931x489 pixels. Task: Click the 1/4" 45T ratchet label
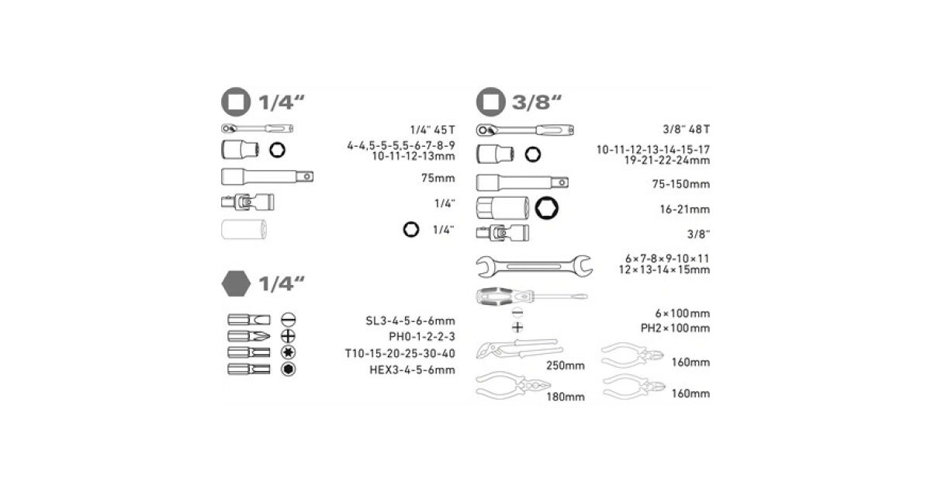point(432,130)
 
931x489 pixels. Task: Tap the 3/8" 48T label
point(686,130)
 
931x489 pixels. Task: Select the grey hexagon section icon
point(236,283)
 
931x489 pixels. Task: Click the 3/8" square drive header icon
point(490,102)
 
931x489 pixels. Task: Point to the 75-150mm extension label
point(681,184)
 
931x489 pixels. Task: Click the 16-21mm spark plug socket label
point(684,209)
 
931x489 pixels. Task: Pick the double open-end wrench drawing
point(534,266)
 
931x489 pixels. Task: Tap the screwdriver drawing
point(531,296)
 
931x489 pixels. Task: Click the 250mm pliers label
point(566,366)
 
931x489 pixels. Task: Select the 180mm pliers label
point(566,397)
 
